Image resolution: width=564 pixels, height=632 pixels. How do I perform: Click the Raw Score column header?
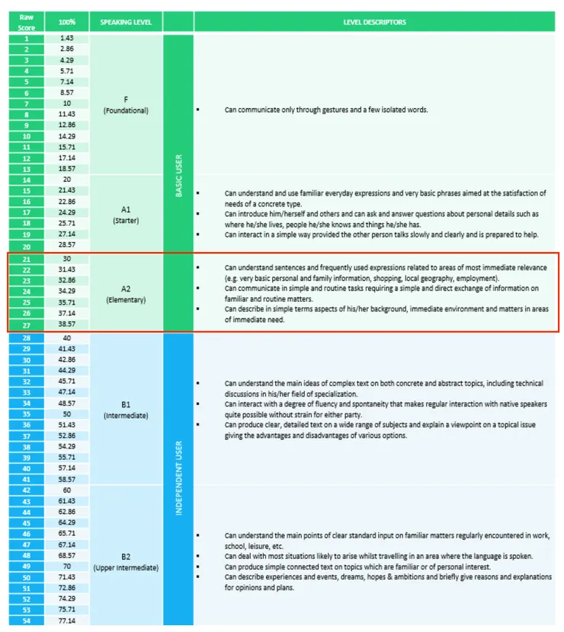[x=27, y=21]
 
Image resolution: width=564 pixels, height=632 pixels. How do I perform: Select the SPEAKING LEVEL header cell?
[x=126, y=21]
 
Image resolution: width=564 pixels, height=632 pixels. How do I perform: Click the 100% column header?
[x=67, y=21]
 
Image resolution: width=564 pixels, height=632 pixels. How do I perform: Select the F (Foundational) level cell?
[x=126, y=104]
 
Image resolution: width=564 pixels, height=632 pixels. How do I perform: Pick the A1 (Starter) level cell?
[x=126, y=214]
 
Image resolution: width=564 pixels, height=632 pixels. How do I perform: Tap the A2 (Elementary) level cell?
[x=126, y=294]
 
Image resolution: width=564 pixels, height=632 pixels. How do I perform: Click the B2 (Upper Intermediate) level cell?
[x=126, y=561]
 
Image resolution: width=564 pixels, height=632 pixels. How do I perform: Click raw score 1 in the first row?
[x=27, y=38]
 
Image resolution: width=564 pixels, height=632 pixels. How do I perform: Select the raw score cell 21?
[x=27, y=259]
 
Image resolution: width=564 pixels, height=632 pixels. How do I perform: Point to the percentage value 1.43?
[x=67, y=38]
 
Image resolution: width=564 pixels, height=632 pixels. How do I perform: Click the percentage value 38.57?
[x=67, y=324]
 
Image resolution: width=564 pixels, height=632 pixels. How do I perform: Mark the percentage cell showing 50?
[x=67, y=413]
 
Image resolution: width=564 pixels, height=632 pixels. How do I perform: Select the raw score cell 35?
[x=27, y=413]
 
